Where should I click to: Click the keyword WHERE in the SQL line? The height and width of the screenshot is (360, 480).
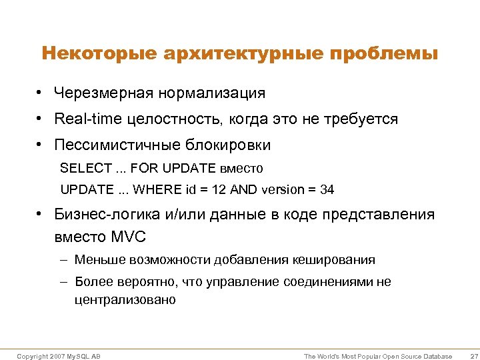(x=153, y=189)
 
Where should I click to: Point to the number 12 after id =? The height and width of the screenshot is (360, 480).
(x=219, y=189)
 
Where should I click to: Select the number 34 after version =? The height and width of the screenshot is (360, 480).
(x=327, y=189)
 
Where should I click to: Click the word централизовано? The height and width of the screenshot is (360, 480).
(x=125, y=299)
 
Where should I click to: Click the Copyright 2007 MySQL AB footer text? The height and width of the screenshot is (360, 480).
(x=59, y=357)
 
